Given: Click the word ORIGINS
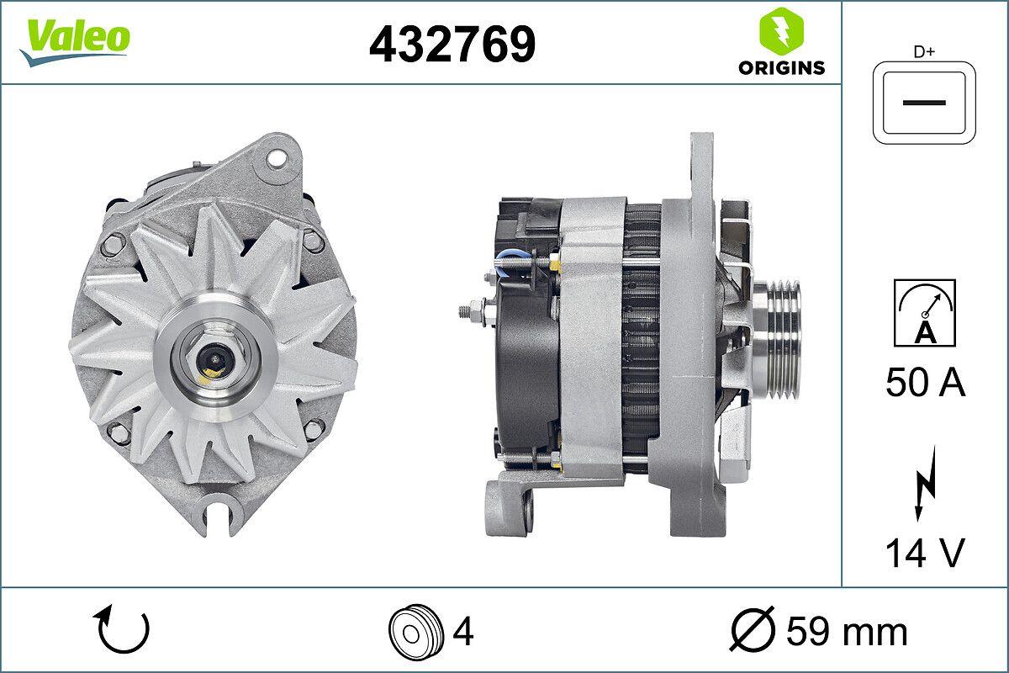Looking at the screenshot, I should pos(781,68).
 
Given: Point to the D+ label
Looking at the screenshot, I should pos(925,52).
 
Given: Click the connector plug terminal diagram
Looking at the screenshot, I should pos(925,102).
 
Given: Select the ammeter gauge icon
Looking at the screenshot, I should pos(925,313).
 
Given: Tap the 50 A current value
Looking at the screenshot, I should pos(925,383).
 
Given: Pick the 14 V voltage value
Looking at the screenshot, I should pos(925,553).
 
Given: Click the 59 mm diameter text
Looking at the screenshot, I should pos(847,630).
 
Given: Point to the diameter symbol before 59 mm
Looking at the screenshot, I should pos(753,630).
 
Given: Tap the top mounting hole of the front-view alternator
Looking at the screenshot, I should pos(274,157).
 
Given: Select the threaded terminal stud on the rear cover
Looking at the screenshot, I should pos(473,310).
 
